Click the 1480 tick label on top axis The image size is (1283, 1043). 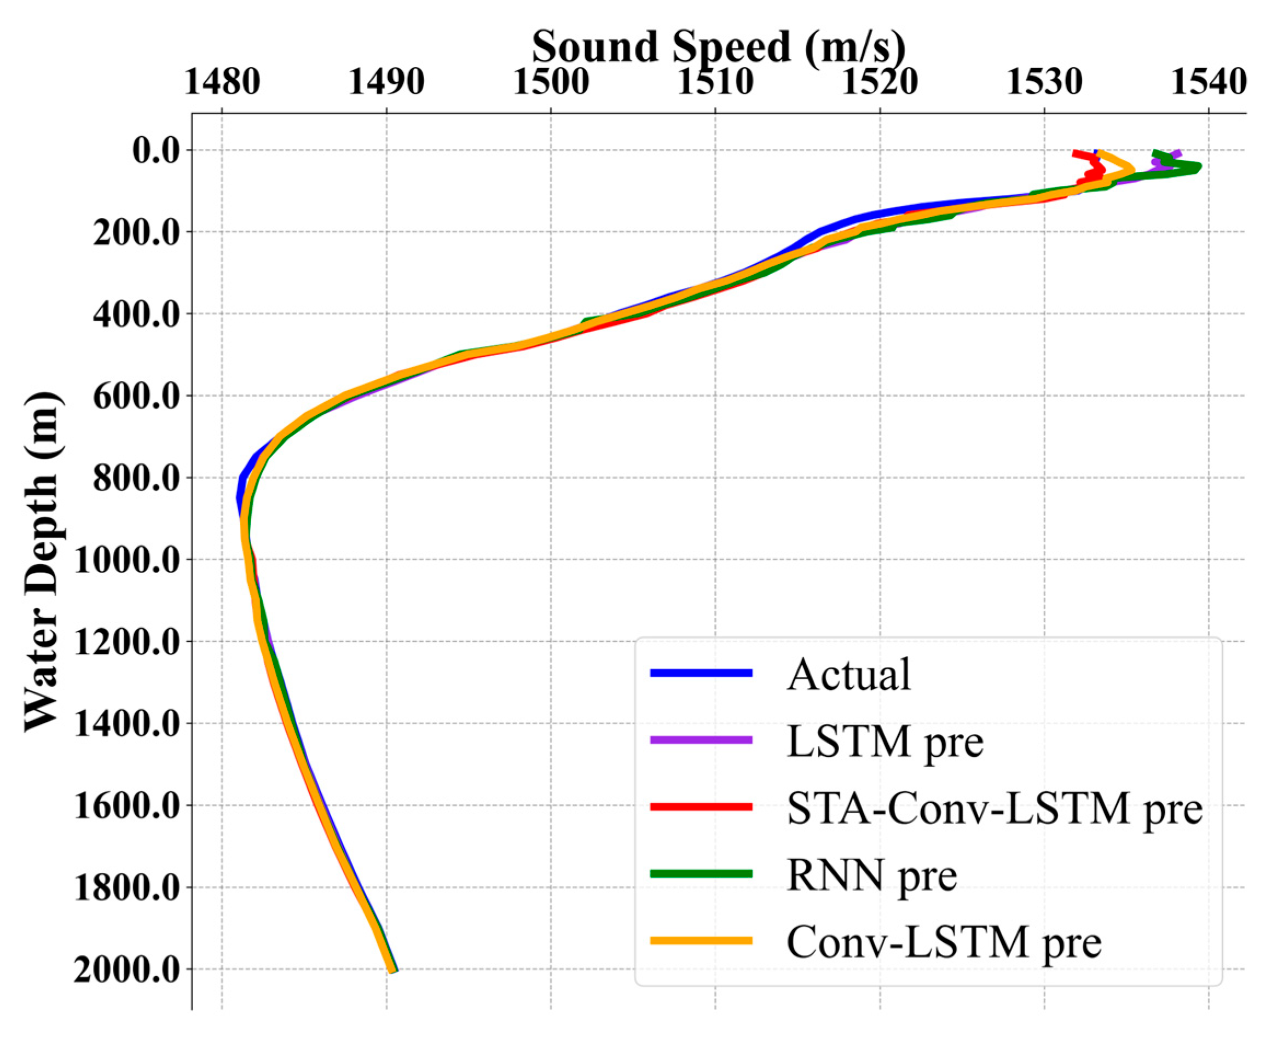point(222,82)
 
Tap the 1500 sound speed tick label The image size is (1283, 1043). point(551,82)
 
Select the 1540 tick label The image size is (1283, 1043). point(1209,82)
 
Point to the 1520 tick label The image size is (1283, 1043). point(879,82)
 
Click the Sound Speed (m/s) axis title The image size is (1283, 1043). point(718,47)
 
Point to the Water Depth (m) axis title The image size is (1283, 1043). point(42,562)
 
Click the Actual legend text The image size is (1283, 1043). point(848,675)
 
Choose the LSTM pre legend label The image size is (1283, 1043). point(885,741)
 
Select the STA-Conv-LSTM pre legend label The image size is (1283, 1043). point(995,808)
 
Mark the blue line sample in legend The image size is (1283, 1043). point(701,674)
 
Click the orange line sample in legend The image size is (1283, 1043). point(701,941)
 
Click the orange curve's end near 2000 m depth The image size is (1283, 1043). point(392,969)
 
